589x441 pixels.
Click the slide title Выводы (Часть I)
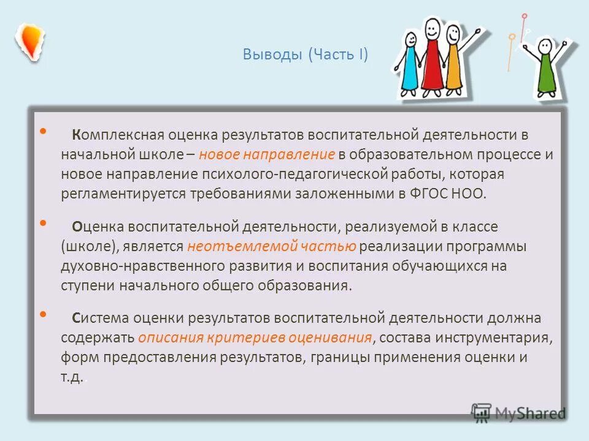pyautogui.click(x=305, y=55)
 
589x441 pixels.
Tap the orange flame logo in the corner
pyautogui.click(x=29, y=42)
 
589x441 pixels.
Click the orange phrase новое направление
pyautogui.click(x=267, y=154)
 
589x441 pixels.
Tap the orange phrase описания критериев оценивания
pyautogui.click(x=255, y=337)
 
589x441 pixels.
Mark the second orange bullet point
pyautogui.click(x=42, y=223)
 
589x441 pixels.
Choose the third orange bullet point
pyautogui.click(x=42, y=314)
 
